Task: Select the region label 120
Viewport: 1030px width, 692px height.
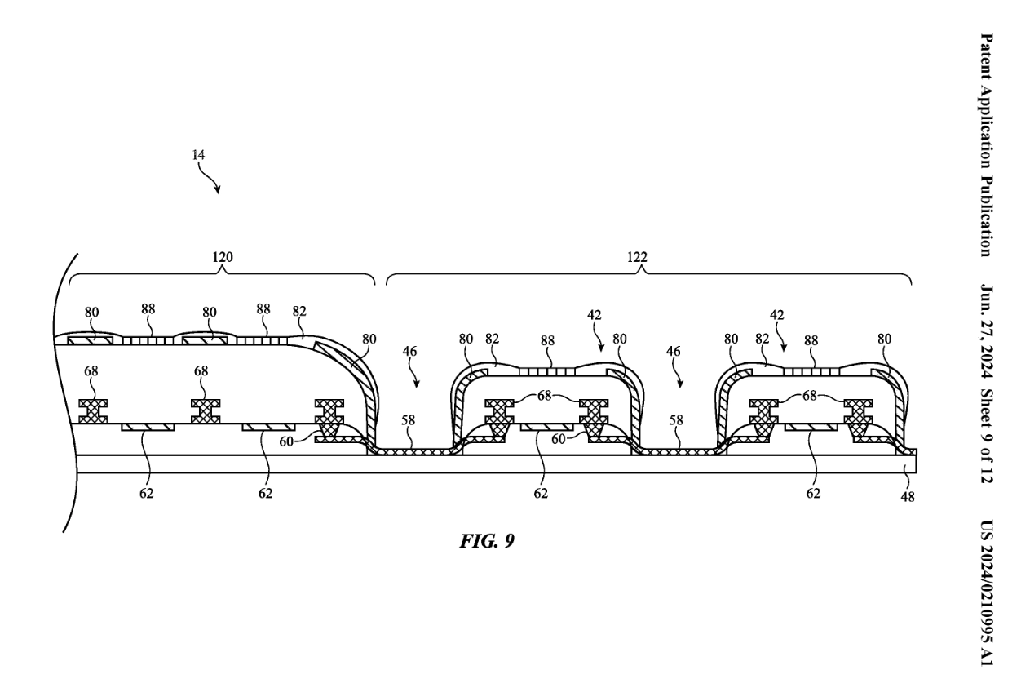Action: (x=222, y=257)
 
